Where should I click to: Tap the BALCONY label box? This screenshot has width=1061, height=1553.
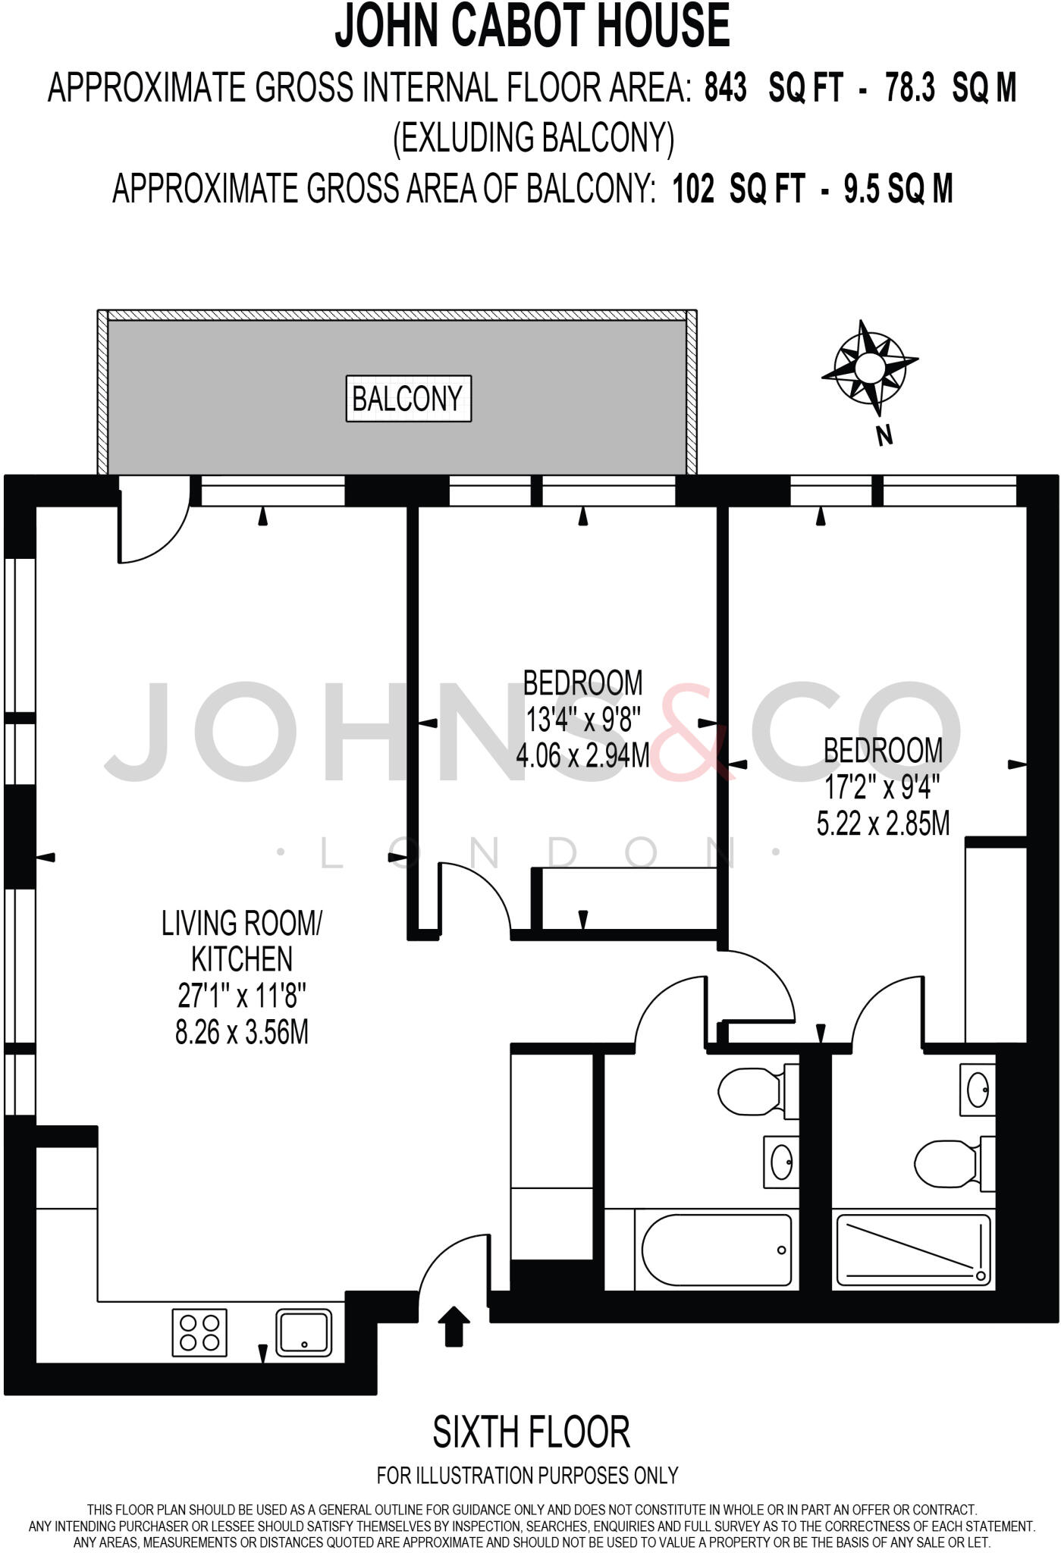click(408, 398)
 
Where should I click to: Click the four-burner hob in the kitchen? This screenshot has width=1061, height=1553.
click(200, 1334)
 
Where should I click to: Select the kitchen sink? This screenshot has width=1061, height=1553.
click(303, 1332)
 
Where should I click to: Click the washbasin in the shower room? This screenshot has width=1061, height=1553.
click(977, 1089)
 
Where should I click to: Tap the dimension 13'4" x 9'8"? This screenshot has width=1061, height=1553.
click(582, 719)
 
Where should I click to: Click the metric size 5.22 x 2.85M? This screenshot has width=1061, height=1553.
click(883, 823)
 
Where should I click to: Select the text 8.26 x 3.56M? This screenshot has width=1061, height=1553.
click(242, 1032)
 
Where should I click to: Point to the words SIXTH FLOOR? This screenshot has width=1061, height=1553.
click(531, 1431)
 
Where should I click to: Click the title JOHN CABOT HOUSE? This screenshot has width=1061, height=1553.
click(532, 26)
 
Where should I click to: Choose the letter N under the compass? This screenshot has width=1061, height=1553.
click(883, 436)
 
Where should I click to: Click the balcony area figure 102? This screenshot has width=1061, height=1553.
click(692, 188)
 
